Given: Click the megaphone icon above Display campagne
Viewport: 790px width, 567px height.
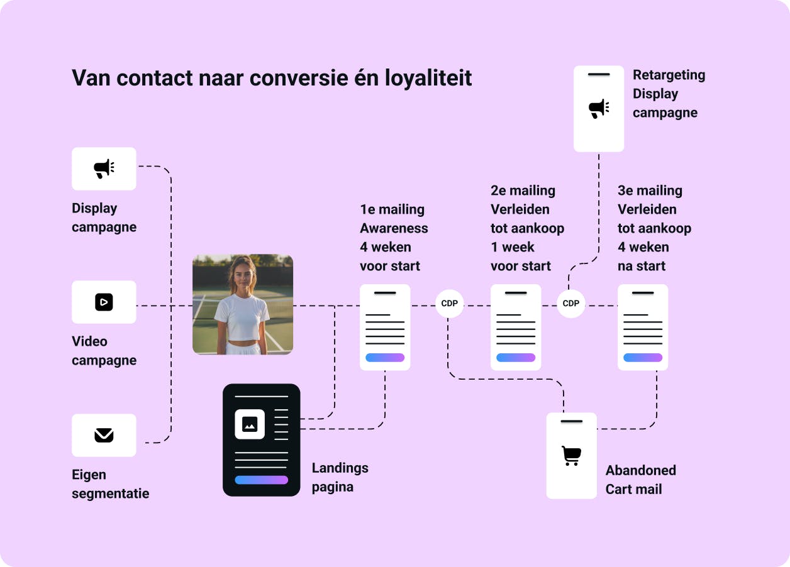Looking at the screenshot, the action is (x=104, y=169).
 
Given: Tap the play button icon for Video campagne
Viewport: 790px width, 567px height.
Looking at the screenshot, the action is (x=104, y=302).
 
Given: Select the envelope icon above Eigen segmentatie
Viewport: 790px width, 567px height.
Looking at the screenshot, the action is (x=104, y=435).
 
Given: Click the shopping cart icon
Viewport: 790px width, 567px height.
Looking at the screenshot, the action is (x=571, y=456).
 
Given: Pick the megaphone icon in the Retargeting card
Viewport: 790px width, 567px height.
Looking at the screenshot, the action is (x=599, y=109).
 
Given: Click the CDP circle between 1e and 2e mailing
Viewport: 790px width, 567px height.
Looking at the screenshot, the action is (x=449, y=304).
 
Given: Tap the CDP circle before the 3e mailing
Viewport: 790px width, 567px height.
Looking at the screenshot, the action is (x=571, y=304).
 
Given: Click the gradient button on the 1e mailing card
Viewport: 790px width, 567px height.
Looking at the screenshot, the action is (x=385, y=357).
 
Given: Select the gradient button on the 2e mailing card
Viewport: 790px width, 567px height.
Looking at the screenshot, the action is (x=516, y=357).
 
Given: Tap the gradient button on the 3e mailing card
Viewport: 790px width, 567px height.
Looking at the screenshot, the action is (x=643, y=357).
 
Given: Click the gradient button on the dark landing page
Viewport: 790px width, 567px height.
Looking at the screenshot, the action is (x=261, y=480).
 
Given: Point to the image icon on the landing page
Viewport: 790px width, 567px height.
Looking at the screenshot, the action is (x=250, y=424).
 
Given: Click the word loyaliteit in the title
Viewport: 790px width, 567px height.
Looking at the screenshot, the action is (x=428, y=78).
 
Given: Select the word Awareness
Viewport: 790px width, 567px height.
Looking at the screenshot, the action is (x=394, y=228).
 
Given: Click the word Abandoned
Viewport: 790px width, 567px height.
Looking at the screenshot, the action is (x=641, y=470).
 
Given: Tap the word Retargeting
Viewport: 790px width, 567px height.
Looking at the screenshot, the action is (x=669, y=75).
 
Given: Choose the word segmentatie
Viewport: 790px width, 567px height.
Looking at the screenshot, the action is (x=111, y=493).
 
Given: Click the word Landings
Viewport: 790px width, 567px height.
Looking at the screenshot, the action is (x=340, y=468).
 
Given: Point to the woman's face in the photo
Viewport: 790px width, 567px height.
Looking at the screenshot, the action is (x=243, y=277).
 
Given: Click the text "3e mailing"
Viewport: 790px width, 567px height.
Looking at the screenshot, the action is (x=650, y=191).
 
